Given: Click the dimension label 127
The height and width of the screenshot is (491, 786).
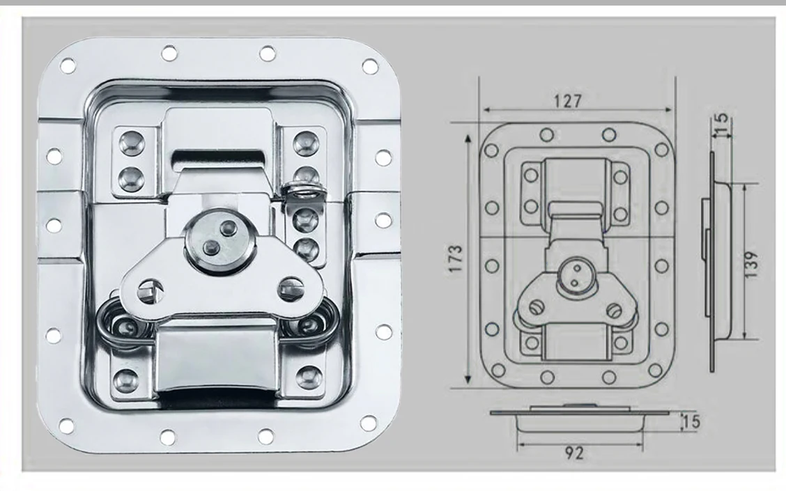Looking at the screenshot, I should [568, 101].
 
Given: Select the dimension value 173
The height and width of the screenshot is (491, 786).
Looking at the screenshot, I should [456, 258].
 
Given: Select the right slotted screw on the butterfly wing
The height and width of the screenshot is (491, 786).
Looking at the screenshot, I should [290, 286].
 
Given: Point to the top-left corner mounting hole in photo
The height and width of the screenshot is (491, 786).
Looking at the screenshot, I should [68, 65].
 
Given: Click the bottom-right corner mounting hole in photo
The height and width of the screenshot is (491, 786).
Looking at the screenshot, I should [368, 423].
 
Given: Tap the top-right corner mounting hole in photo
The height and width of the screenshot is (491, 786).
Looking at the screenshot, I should [369, 66].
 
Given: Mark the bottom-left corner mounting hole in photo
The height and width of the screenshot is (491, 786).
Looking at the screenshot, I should [67, 425].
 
